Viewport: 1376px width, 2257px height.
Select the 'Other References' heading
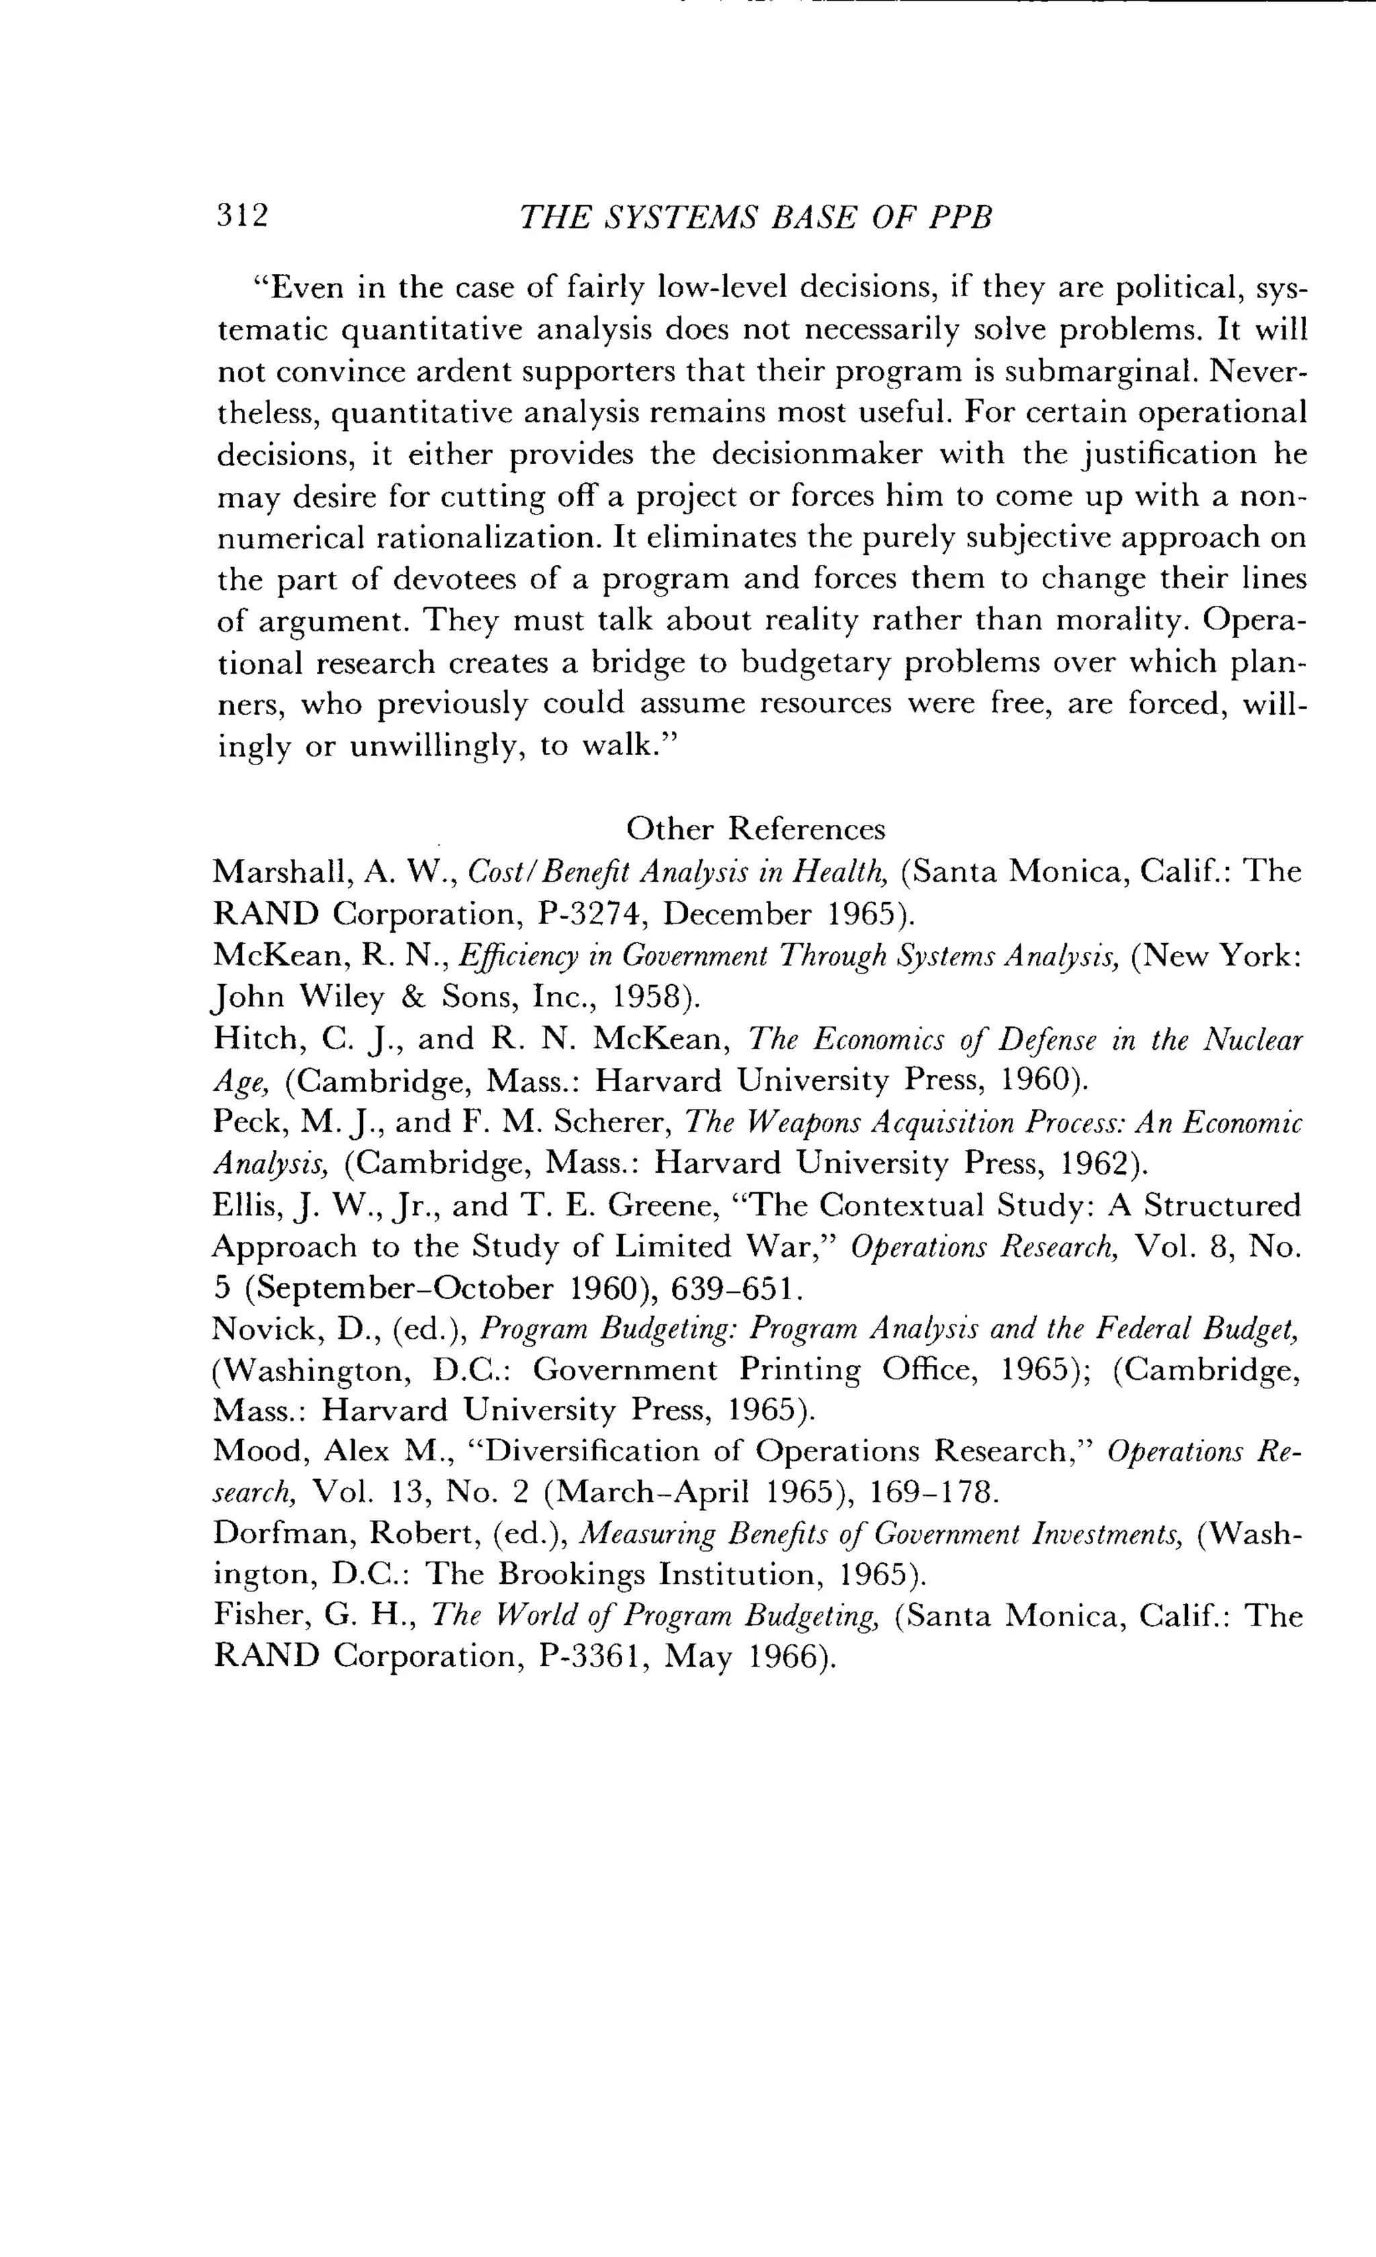coord(756,829)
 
